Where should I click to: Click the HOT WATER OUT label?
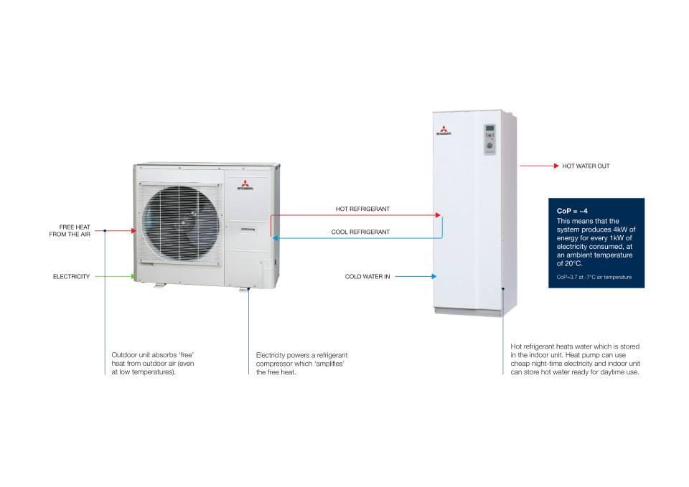coord(586,166)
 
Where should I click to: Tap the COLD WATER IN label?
coord(367,277)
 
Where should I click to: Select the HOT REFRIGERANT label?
coord(362,209)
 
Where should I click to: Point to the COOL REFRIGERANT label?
coord(360,232)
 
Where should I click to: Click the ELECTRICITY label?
coord(71,277)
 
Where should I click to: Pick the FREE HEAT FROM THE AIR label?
coord(70,230)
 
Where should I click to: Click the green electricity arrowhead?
coord(133,277)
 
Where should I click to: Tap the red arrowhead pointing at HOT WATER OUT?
coord(556,166)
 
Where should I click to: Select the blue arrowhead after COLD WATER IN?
coord(433,277)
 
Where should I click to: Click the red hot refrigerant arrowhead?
coord(438,215)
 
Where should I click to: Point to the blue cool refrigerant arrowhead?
coord(275,238)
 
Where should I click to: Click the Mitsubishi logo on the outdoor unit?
coord(245,185)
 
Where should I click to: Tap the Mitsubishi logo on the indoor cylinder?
coord(444,131)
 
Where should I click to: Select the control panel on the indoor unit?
coord(490,140)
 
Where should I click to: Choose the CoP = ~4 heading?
coord(572,211)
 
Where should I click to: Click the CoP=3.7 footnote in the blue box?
coord(594,277)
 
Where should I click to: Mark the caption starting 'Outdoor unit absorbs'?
coord(152,364)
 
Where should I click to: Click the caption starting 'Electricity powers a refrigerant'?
coord(301,364)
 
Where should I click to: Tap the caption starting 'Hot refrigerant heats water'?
coord(575,359)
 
